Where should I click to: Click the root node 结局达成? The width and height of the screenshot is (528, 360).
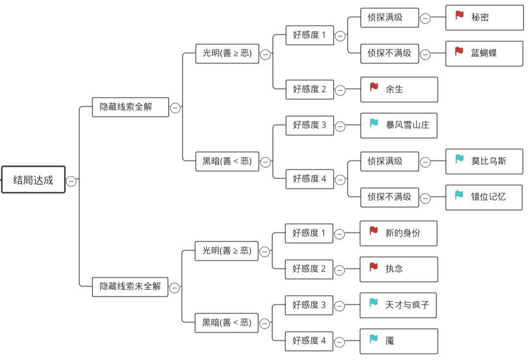click(33, 180)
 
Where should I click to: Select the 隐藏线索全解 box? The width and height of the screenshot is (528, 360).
click(130, 107)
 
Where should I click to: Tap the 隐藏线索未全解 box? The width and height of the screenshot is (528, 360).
click(130, 286)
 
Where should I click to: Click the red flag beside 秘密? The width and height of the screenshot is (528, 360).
click(459, 15)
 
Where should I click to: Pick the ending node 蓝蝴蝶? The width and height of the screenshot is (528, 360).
click(484, 53)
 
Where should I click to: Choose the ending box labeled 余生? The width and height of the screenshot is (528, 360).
click(399, 89)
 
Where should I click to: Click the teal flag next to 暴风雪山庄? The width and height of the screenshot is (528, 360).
click(374, 123)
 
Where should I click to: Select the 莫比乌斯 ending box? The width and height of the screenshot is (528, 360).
click(484, 161)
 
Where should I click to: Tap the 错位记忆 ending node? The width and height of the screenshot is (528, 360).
click(484, 197)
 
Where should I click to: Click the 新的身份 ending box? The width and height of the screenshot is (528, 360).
click(398, 233)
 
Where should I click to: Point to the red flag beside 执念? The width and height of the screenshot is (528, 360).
click(374, 267)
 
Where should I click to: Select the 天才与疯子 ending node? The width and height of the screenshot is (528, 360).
click(398, 305)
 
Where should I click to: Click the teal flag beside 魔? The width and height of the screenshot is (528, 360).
click(374, 338)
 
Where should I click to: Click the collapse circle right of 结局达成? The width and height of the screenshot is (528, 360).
click(71, 181)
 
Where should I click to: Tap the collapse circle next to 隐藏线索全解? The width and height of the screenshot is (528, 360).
click(175, 108)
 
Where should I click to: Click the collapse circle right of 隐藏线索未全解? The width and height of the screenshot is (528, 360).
click(175, 288)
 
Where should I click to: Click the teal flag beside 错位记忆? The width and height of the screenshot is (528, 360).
click(459, 195)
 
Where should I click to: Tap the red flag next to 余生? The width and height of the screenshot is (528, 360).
click(374, 87)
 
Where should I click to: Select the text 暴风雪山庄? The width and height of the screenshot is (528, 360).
click(407, 125)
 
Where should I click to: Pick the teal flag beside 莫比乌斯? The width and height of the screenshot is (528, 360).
click(459, 159)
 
